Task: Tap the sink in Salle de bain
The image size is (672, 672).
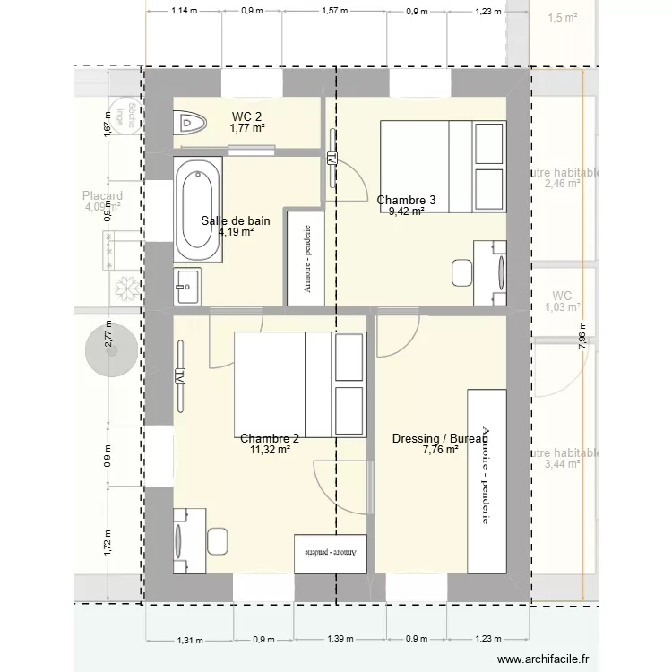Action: tap(188, 287)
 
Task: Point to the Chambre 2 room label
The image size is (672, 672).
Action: tap(270, 438)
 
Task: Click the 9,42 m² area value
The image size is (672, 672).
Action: tap(406, 212)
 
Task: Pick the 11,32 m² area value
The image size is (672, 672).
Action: tap(270, 450)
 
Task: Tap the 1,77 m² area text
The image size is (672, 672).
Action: tap(247, 128)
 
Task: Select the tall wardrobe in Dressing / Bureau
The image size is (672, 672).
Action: tap(486, 480)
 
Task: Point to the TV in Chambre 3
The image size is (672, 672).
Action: tap(332, 159)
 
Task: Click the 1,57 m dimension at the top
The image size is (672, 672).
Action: tap(333, 12)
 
